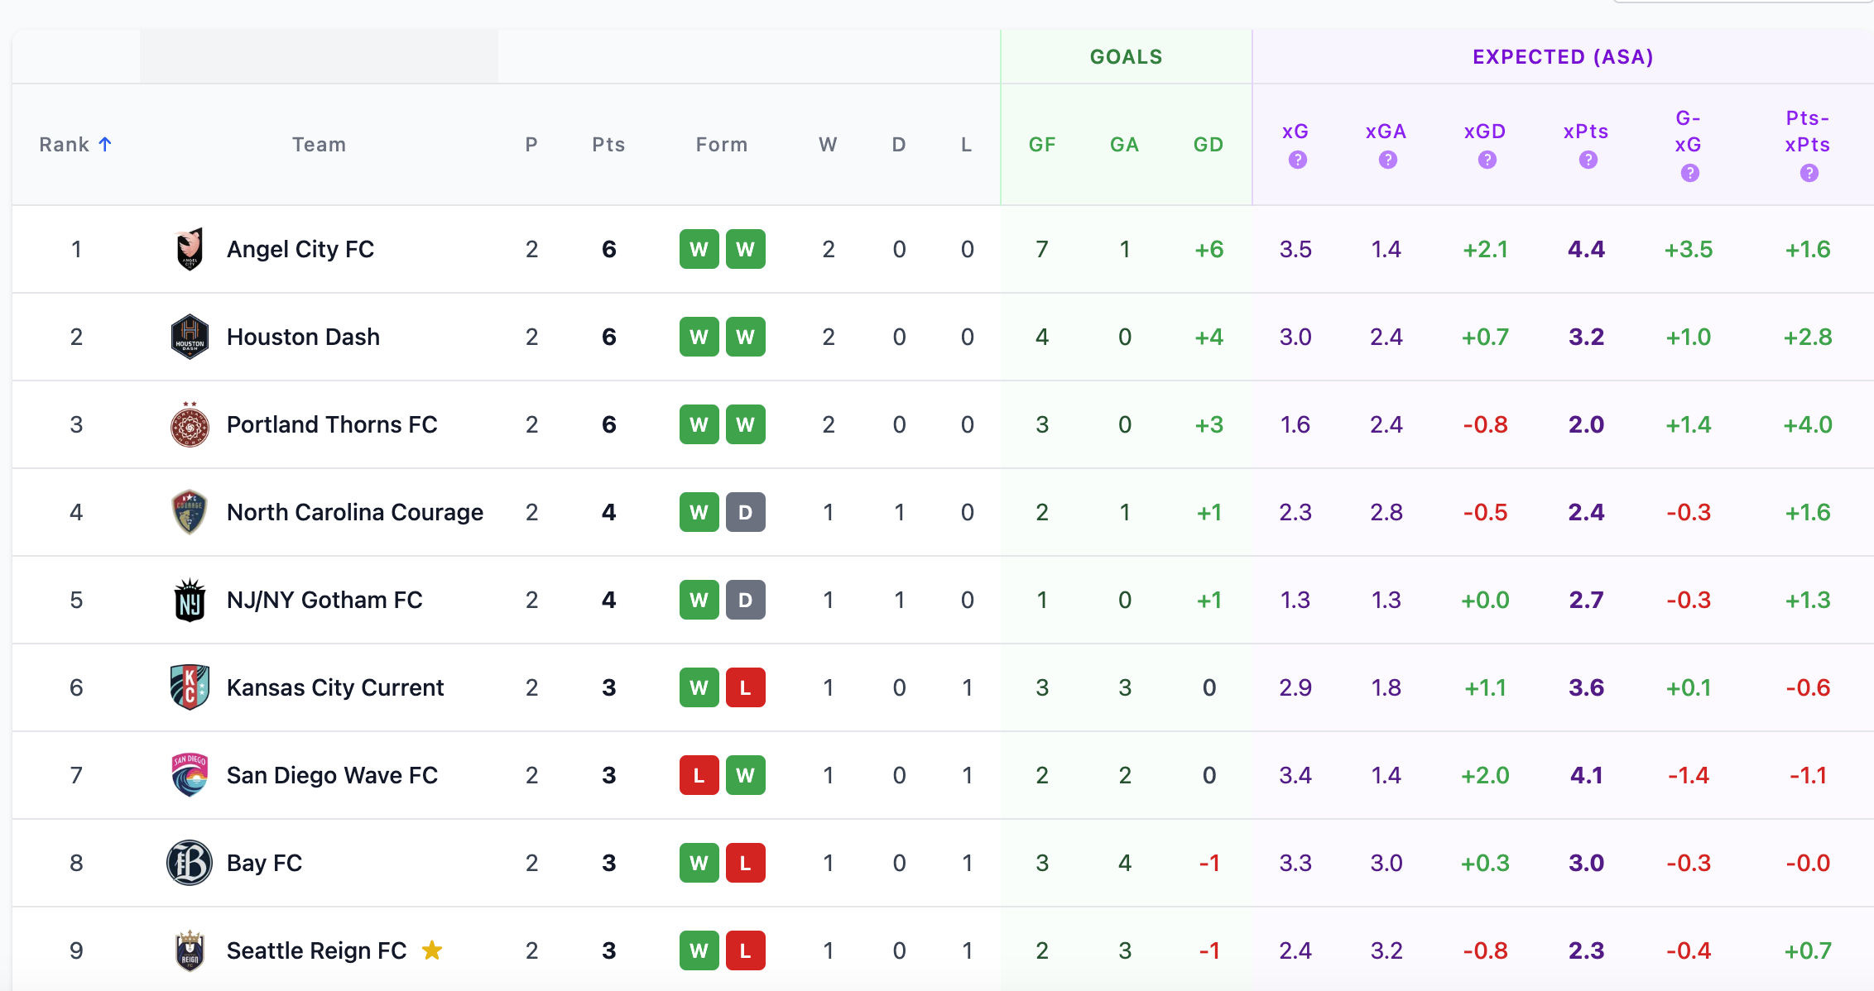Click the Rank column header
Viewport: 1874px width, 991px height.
coord(65,145)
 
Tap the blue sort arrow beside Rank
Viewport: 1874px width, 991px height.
coord(105,144)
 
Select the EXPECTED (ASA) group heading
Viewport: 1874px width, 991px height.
coord(1563,57)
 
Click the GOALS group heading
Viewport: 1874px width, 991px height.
coord(1126,57)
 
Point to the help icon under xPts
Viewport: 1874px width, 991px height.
coord(1588,160)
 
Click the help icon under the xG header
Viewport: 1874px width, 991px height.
coord(1297,160)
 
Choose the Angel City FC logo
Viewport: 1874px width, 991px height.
coord(190,249)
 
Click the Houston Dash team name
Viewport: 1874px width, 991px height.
coord(303,337)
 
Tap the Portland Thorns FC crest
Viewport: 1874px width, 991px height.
coord(190,424)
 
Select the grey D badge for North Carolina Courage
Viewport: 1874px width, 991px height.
coord(745,512)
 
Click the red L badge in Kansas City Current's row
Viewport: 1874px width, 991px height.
coord(745,687)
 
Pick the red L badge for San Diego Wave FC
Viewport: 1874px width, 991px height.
coord(699,775)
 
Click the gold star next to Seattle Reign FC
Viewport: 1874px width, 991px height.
coord(432,950)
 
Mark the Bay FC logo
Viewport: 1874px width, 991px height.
coord(190,863)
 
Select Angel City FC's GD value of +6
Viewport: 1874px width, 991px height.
coord(1208,249)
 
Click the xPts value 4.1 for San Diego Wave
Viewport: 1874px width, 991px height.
coord(1586,775)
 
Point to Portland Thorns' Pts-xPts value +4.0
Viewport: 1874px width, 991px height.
coord(1807,424)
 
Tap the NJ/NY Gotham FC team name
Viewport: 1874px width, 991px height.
coord(324,600)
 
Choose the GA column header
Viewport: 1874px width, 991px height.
coord(1124,145)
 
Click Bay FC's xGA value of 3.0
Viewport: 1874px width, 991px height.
coord(1386,863)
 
